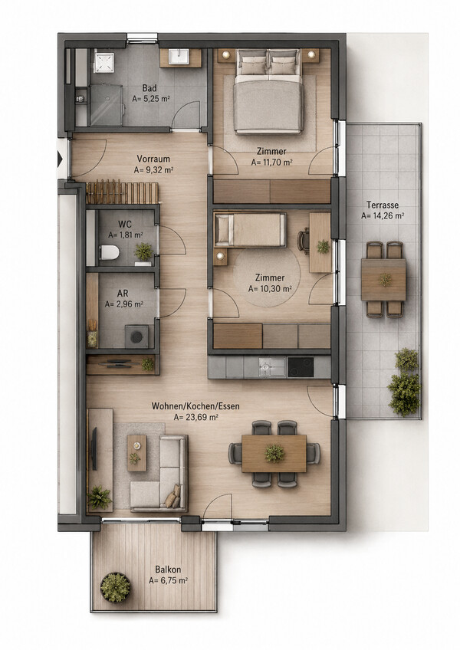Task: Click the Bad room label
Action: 149,88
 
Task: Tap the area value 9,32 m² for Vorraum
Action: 158,170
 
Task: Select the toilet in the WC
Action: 109,252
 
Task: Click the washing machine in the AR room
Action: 137,336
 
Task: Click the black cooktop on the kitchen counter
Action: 301,367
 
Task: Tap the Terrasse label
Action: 383,205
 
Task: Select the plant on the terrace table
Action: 385,280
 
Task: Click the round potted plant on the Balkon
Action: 115,587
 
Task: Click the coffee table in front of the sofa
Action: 137,453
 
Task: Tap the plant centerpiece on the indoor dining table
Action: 274,453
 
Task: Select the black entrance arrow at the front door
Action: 60,159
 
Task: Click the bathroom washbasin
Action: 180,57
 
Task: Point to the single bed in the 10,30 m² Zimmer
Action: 250,230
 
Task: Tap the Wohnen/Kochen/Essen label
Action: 195,406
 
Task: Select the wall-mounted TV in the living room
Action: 94,449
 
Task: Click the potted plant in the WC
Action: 143,251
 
